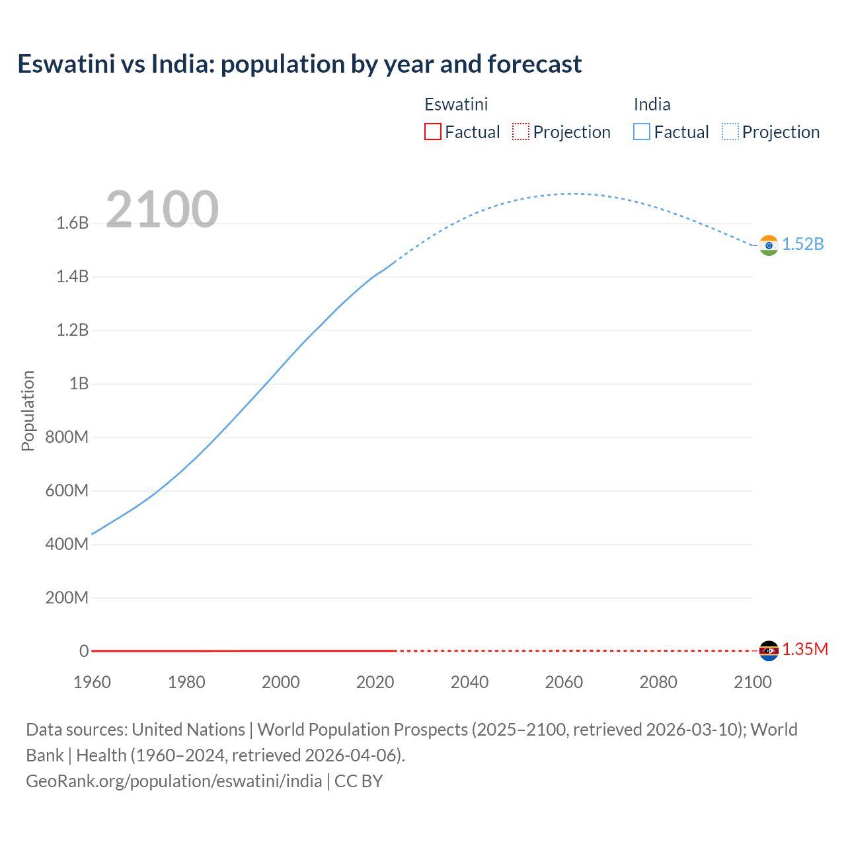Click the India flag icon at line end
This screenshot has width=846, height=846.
(x=769, y=245)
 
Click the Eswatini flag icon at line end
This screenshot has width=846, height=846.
(x=769, y=651)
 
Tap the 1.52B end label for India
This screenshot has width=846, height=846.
(x=803, y=245)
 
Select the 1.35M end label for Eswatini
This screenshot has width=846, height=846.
(x=805, y=650)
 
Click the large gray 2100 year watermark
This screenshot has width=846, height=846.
(x=162, y=210)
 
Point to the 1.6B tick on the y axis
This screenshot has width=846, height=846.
(x=73, y=223)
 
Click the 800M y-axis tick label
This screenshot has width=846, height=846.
(x=67, y=438)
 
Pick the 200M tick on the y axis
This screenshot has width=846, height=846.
(x=67, y=598)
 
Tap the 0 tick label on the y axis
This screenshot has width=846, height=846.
(x=84, y=652)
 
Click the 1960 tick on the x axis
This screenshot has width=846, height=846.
(x=92, y=683)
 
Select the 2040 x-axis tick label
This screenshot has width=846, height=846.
(x=469, y=683)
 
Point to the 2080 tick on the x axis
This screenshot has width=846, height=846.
(x=658, y=683)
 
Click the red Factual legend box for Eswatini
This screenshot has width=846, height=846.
(x=433, y=132)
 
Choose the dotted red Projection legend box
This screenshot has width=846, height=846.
(x=521, y=132)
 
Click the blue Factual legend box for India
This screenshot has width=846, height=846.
(x=642, y=132)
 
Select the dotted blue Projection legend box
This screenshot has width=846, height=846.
(x=730, y=132)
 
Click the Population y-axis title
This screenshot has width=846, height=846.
(x=28, y=410)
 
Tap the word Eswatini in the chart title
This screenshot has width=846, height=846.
(x=66, y=64)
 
